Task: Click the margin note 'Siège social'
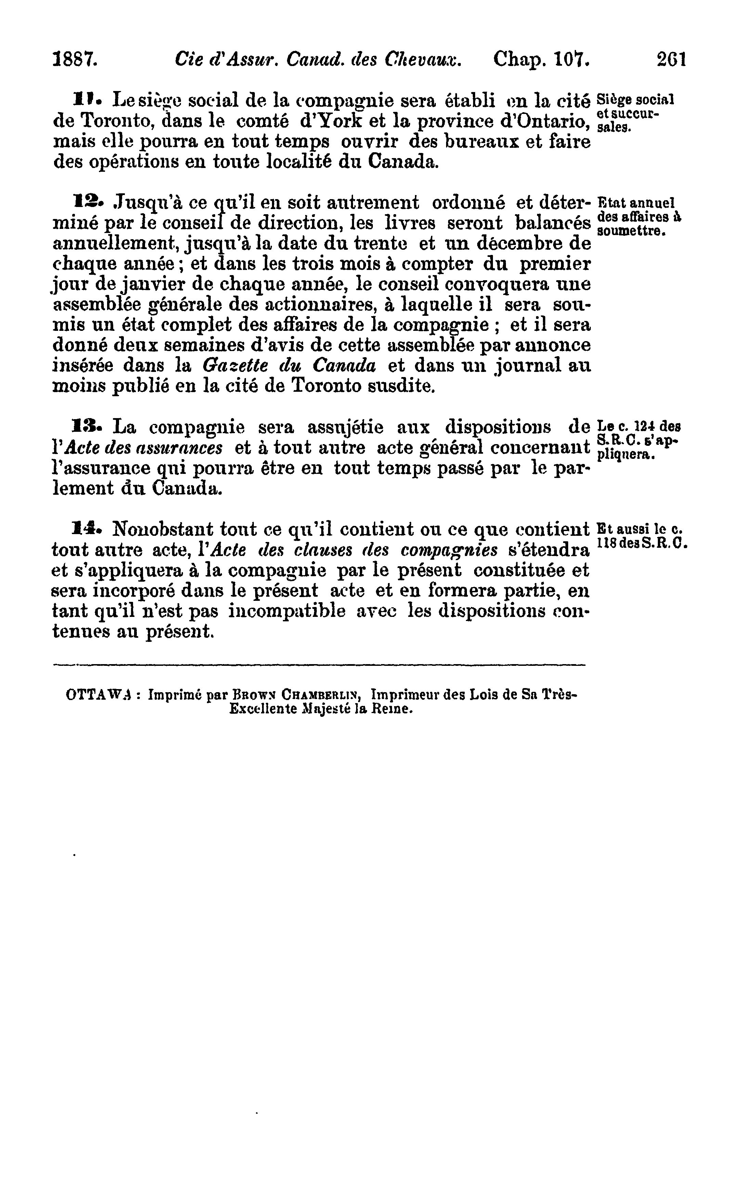click(x=635, y=100)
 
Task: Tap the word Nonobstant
click(x=162, y=530)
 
